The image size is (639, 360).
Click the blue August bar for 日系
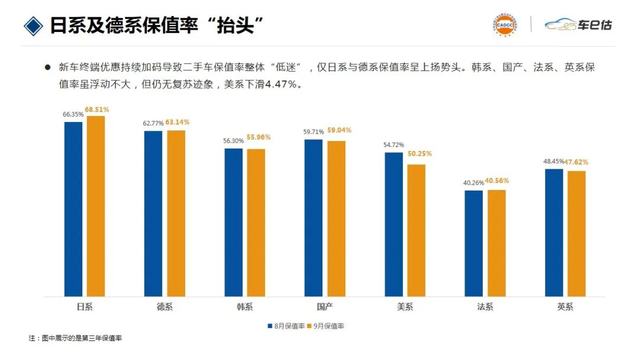click(73, 209)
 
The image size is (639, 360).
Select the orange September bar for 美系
click(416, 230)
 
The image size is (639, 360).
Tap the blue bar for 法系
click(473, 243)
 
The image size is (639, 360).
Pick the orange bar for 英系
click(576, 234)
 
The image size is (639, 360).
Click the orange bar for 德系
click(176, 213)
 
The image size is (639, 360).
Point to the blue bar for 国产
click(314, 218)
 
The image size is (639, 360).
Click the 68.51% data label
click(97, 110)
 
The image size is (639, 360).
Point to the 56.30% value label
click(234, 141)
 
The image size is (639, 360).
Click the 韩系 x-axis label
click(245, 307)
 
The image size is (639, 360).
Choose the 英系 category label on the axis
click(565, 307)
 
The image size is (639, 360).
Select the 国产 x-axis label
click(325, 307)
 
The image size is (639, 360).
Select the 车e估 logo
click(578, 25)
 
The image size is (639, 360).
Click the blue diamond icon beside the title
click(33, 25)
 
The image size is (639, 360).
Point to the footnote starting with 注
click(75, 338)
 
